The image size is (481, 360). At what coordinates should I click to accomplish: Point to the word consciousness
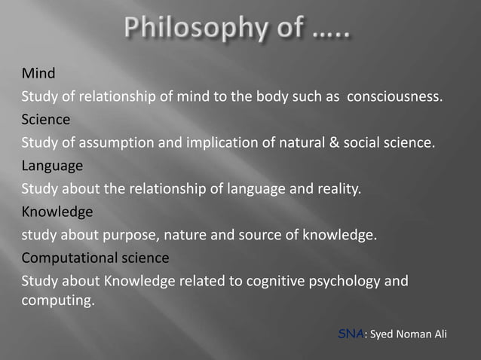coord(393,97)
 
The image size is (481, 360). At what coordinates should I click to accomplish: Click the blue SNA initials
coord(351,334)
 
